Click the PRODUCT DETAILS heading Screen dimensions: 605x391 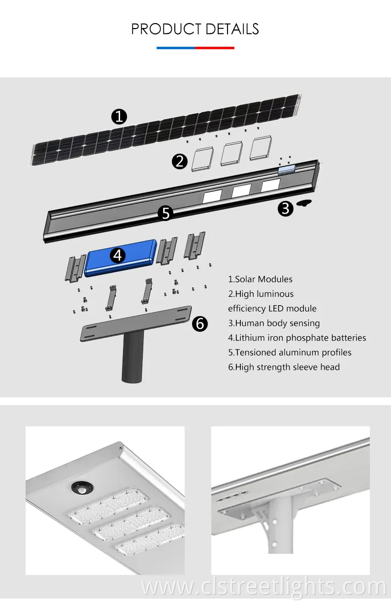195,29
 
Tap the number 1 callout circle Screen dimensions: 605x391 119,117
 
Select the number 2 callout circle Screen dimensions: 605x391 180,161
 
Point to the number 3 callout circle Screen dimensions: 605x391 286,208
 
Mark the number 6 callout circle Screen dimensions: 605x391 199,323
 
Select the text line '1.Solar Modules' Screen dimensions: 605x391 260,279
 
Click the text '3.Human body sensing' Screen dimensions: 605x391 274,323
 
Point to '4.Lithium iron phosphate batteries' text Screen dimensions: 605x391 297,338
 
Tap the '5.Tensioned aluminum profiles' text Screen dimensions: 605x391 290,352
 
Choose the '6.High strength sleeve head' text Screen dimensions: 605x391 284,367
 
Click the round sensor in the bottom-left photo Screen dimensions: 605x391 79,487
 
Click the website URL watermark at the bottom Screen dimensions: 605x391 263,588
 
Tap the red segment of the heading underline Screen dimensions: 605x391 215,48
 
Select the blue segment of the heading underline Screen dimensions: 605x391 176,48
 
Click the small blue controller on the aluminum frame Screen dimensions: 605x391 286,170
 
